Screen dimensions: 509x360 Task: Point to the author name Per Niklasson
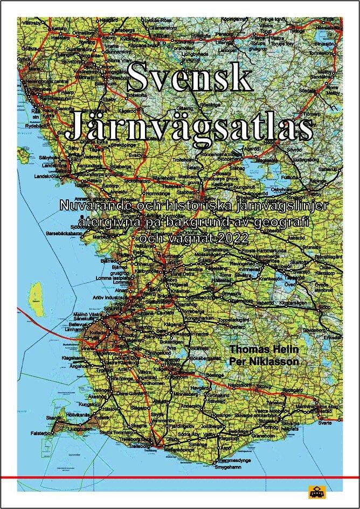click(264, 361)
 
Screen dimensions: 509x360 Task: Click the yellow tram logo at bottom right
click(315, 492)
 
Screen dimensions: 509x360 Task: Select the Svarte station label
click(325, 423)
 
